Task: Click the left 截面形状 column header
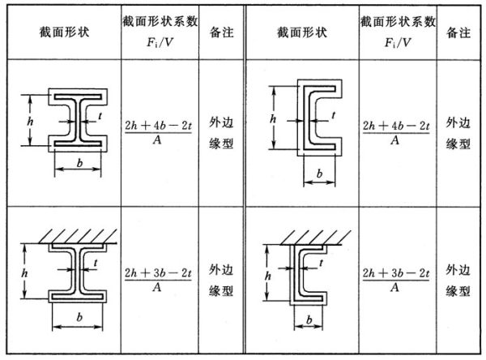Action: pyautogui.click(x=64, y=32)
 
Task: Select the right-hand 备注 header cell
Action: pyautogui.click(x=458, y=32)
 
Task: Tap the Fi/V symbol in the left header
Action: pyautogui.click(x=160, y=42)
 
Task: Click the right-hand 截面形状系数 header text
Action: pyautogui.click(x=398, y=22)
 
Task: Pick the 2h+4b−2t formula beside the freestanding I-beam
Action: pyautogui.click(x=159, y=133)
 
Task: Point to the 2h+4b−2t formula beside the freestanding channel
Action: pyautogui.click(x=396, y=133)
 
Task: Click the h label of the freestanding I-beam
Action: pyautogui.click(x=30, y=121)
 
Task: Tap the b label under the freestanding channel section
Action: pyautogui.click(x=319, y=174)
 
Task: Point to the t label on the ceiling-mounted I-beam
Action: pyautogui.click(x=96, y=264)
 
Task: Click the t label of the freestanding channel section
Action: pyautogui.click(x=333, y=115)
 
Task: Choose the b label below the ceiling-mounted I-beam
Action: pyautogui.click(x=79, y=317)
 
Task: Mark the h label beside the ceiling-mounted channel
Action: pyautogui.click(x=268, y=276)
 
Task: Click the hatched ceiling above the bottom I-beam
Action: pyautogui.click(x=78, y=237)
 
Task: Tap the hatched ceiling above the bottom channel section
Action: pyautogui.click(x=316, y=238)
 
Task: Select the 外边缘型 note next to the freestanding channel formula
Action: pyautogui.click(x=458, y=133)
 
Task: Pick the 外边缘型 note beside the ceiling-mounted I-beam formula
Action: pyautogui.click(x=221, y=281)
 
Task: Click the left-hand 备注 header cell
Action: pyautogui.click(x=222, y=32)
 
